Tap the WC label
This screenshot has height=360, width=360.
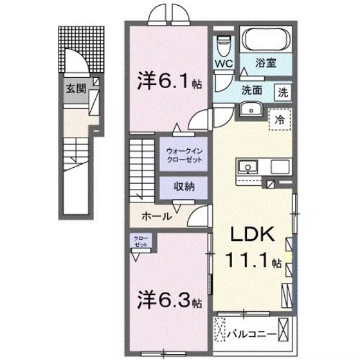click(224, 64)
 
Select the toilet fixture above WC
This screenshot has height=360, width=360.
click(223, 44)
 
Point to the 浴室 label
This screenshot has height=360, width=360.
click(267, 64)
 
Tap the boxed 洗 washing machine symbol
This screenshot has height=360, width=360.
click(283, 91)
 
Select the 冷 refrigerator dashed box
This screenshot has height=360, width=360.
click(280, 119)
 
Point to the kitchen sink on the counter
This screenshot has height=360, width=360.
click(248, 166)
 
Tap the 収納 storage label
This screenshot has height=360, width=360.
click(183, 187)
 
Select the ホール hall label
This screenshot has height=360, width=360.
click(156, 216)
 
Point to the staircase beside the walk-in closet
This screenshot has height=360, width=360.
click(143, 168)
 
